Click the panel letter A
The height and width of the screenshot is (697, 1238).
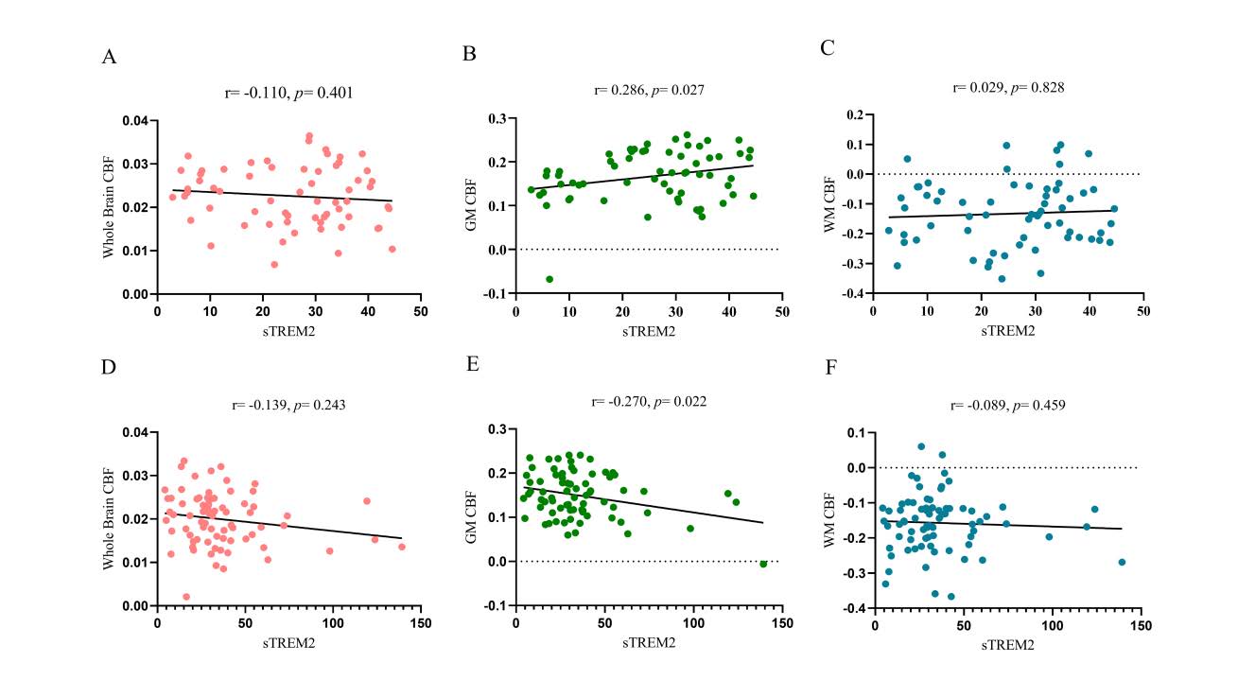pyautogui.click(x=109, y=58)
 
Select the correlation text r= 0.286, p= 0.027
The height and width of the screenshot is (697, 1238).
pyautogui.click(x=649, y=91)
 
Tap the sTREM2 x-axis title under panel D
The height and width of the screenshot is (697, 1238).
pyautogui.click(x=288, y=643)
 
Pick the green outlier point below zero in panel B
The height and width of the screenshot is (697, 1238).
pyautogui.click(x=549, y=279)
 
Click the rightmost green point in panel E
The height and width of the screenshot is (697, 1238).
pyautogui.click(x=763, y=564)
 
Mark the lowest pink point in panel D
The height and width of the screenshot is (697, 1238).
pyautogui.click(x=186, y=597)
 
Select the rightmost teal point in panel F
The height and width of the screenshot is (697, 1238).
pyautogui.click(x=1122, y=562)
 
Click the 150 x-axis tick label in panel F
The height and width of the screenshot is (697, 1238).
pyautogui.click(x=1141, y=626)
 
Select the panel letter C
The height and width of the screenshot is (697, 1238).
pyautogui.click(x=828, y=48)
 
